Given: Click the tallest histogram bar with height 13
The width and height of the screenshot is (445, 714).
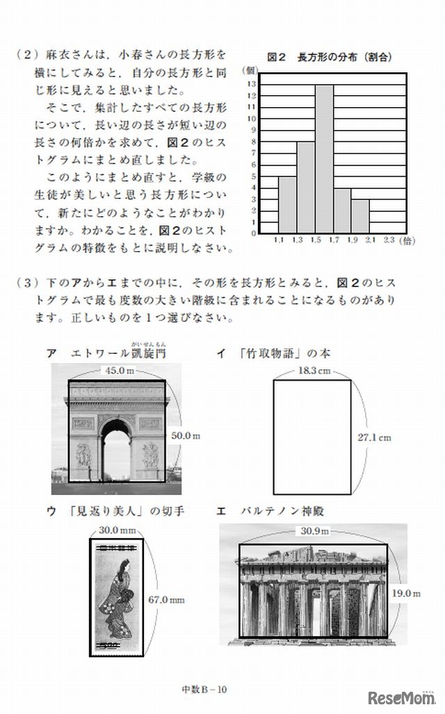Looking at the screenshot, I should coord(324,159).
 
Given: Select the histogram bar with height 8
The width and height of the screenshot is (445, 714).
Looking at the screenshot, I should coord(306,187).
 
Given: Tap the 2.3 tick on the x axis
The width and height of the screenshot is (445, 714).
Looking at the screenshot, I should coord(388,240).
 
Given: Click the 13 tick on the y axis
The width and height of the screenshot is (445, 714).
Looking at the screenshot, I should coord(252,84).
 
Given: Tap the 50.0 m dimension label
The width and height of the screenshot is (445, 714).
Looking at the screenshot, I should coord(186,435).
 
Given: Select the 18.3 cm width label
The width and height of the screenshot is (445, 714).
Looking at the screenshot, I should coord(314,371).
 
